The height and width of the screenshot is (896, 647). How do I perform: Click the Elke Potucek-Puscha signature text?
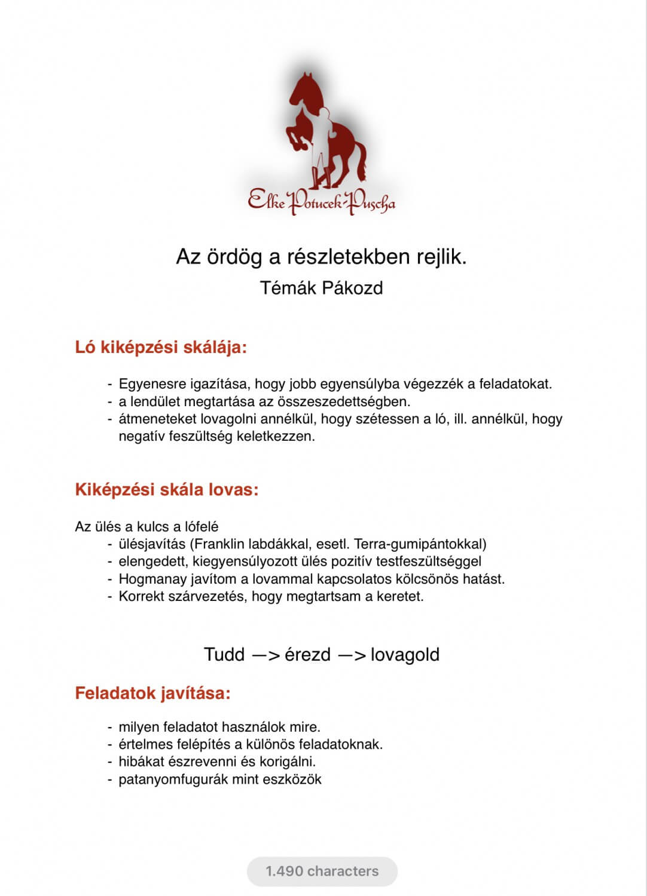322,201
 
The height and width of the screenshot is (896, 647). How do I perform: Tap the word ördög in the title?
236,257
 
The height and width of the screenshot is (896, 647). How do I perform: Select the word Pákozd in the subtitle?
352,288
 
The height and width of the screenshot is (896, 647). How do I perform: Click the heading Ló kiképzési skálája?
161,347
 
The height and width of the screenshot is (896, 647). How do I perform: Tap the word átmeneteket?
157,419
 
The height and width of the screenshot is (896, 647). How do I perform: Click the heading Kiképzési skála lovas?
167,490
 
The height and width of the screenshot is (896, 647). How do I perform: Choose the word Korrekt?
141,596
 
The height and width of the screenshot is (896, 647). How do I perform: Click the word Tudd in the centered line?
224,655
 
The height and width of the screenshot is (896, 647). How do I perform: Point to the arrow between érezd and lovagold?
352,655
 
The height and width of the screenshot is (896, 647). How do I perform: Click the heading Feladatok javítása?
152,694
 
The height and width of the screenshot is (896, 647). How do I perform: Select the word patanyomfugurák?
170,779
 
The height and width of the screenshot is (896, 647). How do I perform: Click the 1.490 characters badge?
322,871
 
